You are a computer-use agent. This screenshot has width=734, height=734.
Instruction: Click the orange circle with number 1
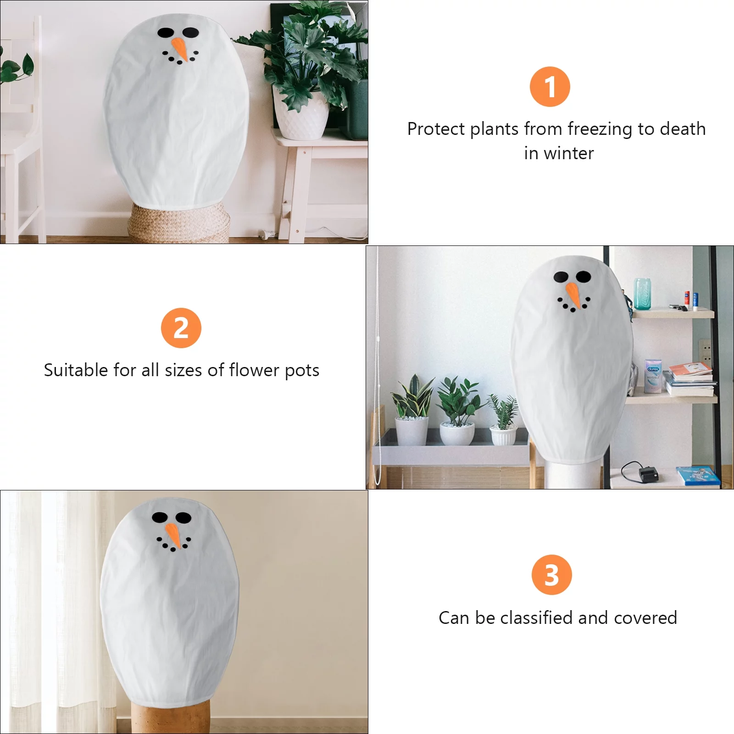(550, 87)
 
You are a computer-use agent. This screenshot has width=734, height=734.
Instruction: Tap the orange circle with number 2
(181, 328)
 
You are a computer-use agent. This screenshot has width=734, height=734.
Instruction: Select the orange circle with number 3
(551, 575)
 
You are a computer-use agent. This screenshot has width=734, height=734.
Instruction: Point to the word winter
(569, 153)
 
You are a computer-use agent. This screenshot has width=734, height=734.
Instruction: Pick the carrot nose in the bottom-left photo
(173, 534)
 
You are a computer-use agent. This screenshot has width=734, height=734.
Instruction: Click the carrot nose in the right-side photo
(573, 295)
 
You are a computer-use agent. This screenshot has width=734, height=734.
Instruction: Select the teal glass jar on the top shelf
(642, 294)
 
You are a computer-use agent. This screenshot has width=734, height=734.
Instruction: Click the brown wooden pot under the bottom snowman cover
(170, 716)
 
